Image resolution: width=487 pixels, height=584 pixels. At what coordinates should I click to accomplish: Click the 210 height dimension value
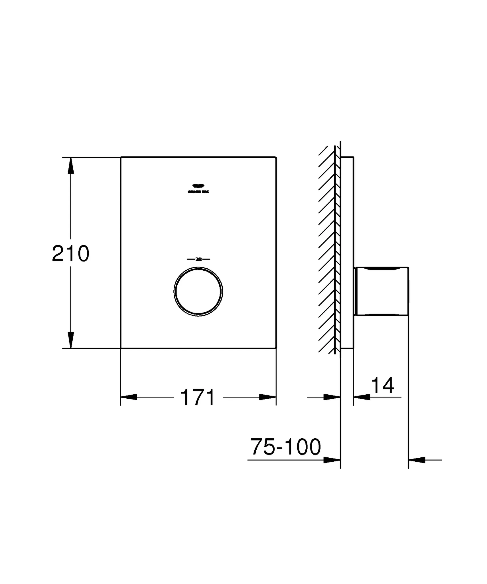(70, 254)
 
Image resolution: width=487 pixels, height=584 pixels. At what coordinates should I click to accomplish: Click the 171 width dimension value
(198, 398)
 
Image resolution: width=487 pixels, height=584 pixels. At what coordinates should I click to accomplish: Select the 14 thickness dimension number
(383, 385)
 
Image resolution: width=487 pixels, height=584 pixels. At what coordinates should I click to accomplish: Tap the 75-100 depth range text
(286, 447)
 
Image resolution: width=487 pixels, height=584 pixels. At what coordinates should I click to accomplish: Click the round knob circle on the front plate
(198, 291)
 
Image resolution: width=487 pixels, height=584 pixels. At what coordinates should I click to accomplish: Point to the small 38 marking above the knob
(198, 259)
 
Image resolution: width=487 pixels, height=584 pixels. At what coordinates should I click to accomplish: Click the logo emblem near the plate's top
(198, 186)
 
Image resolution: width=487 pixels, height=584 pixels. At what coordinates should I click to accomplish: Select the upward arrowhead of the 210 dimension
(70, 165)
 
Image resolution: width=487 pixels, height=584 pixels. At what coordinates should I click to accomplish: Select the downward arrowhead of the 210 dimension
(70, 340)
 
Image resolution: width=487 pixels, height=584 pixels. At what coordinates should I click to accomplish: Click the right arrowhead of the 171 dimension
(267, 397)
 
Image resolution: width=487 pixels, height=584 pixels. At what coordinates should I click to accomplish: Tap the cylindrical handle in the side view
(382, 291)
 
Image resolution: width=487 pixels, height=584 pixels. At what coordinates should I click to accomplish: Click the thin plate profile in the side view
(347, 252)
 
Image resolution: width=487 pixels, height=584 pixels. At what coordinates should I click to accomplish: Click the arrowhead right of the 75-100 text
(332, 460)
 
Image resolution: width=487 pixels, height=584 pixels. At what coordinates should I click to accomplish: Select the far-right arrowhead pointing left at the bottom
(417, 460)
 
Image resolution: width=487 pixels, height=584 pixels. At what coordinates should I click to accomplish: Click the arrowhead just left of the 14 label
(362, 397)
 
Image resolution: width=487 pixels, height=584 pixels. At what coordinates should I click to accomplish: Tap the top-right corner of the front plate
(276, 157)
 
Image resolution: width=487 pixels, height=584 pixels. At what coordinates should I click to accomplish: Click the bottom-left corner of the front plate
(121, 348)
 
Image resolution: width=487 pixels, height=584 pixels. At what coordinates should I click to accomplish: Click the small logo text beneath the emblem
(198, 192)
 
